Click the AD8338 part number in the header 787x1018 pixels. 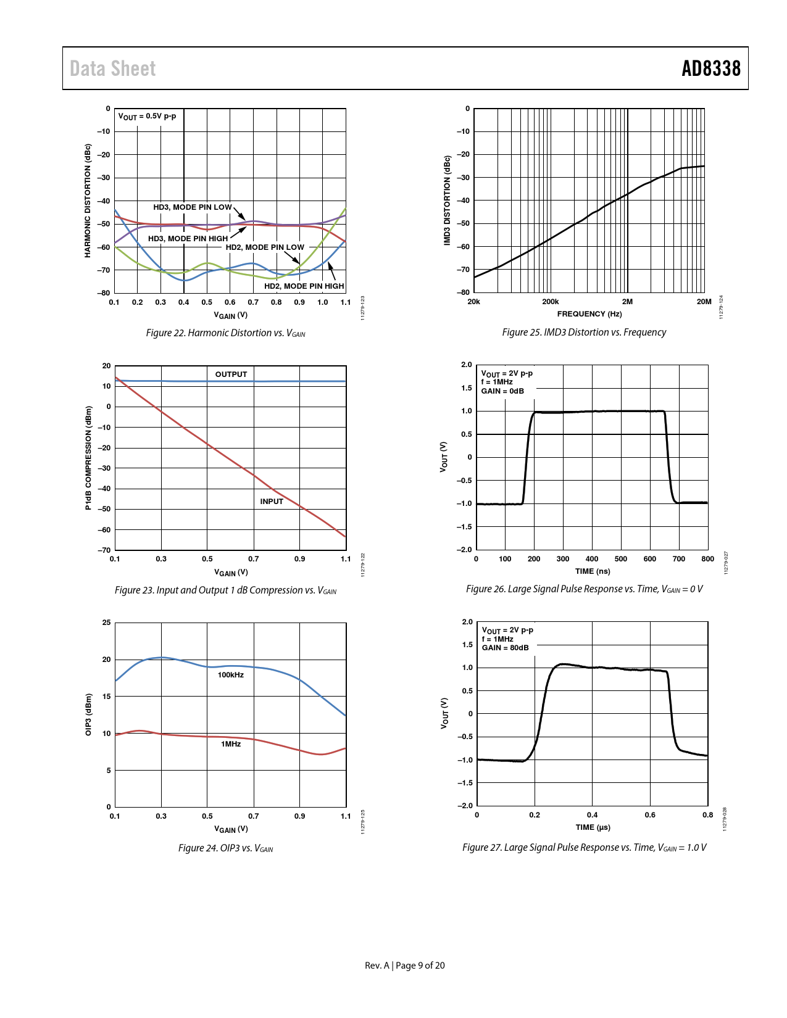coord(710,68)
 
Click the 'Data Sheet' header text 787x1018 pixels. coord(112,68)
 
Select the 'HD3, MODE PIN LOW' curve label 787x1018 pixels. coord(193,207)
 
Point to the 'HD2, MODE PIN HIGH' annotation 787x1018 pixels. coord(304,286)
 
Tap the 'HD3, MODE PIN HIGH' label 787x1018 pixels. coord(188,239)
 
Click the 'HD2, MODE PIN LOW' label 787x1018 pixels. coord(265,247)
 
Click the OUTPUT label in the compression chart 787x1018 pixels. coord(231,375)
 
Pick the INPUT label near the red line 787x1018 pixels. coord(272,502)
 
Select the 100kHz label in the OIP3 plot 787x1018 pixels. coord(230,675)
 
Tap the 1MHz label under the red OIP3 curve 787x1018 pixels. coord(231,744)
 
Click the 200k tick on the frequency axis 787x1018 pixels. coord(550,302)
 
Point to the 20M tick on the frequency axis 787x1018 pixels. coord(704,302)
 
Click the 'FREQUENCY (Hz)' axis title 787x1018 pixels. coord(589,314)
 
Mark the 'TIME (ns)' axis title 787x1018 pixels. coord(593,571)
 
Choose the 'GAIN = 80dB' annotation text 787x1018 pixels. coord(505,648)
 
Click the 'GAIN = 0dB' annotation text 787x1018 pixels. coord(502,391)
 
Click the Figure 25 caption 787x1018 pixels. coord(584,333)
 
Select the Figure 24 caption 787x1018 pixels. coord(225,848)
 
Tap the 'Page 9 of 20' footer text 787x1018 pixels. coord(420,966)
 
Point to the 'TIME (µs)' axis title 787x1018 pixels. coord(593,827)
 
